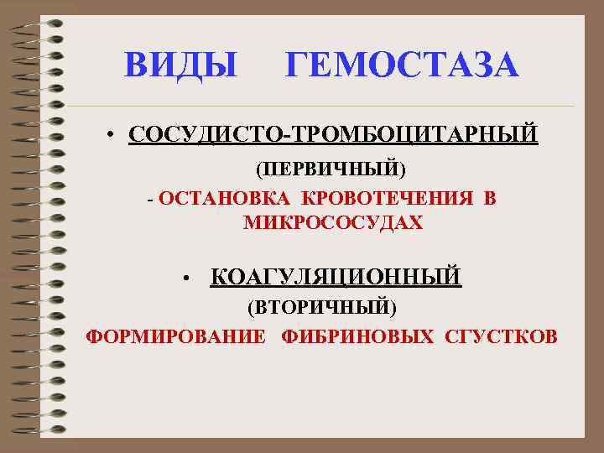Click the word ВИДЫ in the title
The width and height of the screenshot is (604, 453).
pos(180,65)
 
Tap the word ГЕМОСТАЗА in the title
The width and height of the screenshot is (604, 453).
pos(402,65)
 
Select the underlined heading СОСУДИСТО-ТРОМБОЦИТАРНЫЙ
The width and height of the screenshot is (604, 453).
pos(333,134)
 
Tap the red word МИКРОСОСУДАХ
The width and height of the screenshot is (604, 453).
pos(333,223)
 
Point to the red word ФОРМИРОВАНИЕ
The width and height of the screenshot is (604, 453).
pos(176,337)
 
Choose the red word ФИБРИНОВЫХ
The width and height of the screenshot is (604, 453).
pos(358,337)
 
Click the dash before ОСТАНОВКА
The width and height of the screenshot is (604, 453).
pos(149,200)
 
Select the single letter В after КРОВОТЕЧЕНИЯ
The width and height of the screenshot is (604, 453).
pos(490,199)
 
